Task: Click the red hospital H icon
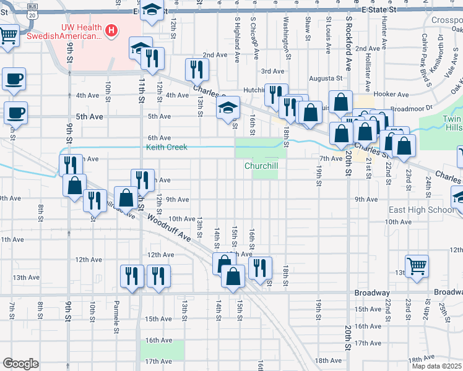click(111, 30)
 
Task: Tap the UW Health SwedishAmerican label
click(80, 32)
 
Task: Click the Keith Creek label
click(167, 147)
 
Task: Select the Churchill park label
click(261, 166)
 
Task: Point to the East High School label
click(421, 210)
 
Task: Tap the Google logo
click(20, 363)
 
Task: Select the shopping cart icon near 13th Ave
click(417, 265)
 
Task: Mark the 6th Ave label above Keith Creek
click(159, 138)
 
